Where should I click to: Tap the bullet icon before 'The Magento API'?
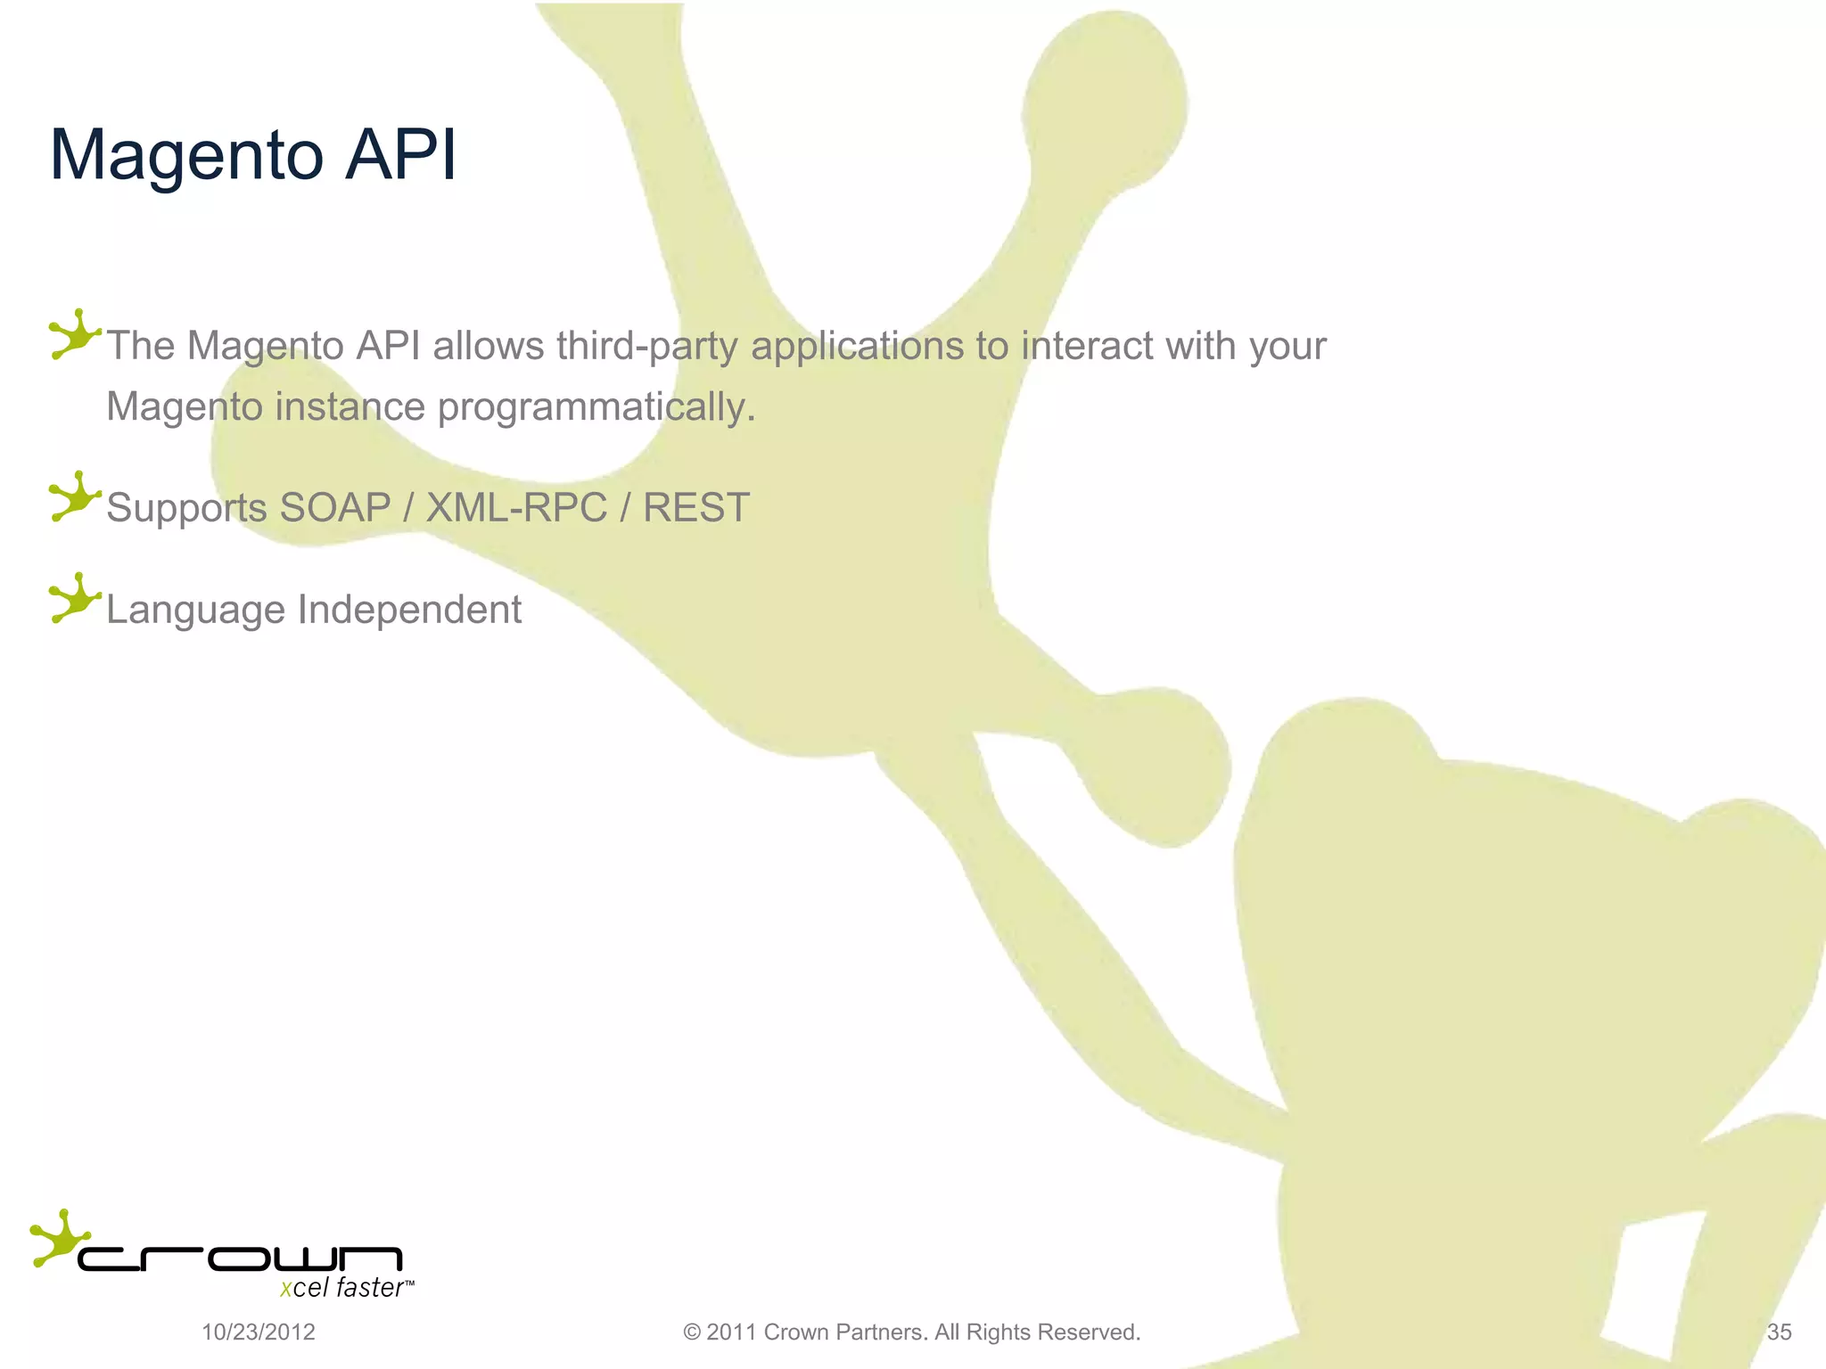coord(73,335)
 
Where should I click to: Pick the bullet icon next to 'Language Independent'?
coord(73,598)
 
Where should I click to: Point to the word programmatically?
coord(596,407)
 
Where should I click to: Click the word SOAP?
coord(335,508)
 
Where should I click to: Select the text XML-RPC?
coord(517,508)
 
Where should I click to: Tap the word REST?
coord(696,508)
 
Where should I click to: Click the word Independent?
coord(409,610)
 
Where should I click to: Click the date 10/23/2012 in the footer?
coord(259,1332)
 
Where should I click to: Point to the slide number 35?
coord(1779,1332)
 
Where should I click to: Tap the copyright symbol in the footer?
coord(692,1332)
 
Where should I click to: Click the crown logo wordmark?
coord(241,1258)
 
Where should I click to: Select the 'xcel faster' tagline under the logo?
coord(343,1289)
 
